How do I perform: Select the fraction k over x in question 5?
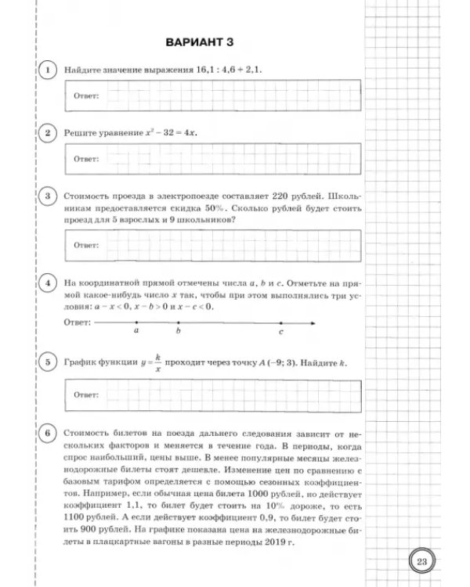[x=157, y=362]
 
